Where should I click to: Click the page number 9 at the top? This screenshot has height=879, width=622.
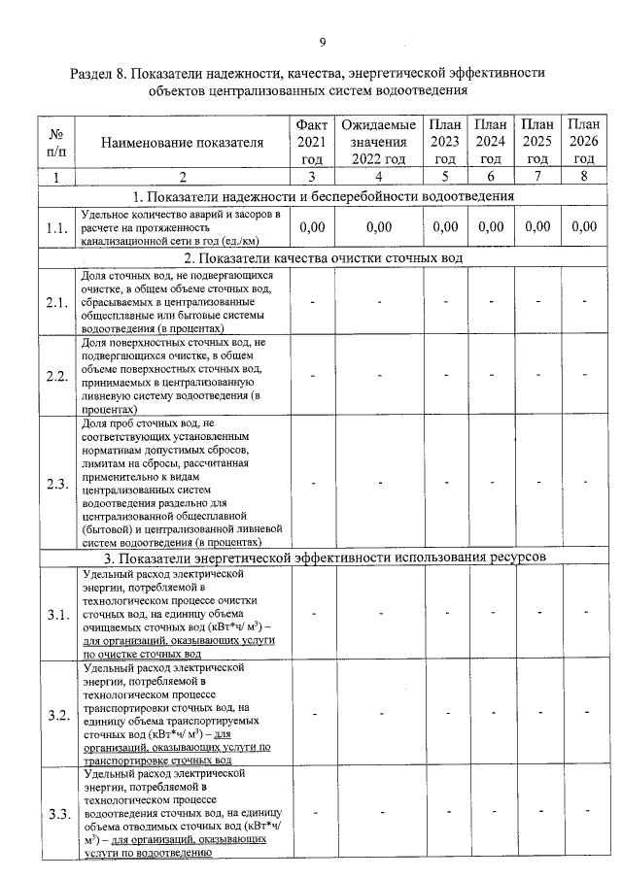[322, 41]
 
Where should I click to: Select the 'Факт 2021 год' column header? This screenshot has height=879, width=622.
[311, 143]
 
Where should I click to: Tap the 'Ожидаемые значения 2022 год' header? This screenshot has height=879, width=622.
[378, 143]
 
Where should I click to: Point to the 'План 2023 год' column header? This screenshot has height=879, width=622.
[445, 143]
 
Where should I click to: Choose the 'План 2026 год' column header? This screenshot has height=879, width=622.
[583, 143]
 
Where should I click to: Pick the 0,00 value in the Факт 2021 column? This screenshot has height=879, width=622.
[311, 227]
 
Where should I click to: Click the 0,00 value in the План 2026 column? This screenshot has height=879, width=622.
[583, 227]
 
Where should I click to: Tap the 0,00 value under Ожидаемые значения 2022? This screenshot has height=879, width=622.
[378, 227]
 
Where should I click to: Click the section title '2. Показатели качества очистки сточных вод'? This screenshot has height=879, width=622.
[323, 257]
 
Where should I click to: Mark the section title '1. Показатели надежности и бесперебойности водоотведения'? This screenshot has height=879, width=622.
[323, 197]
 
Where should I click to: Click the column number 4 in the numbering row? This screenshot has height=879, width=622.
[378, 177]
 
